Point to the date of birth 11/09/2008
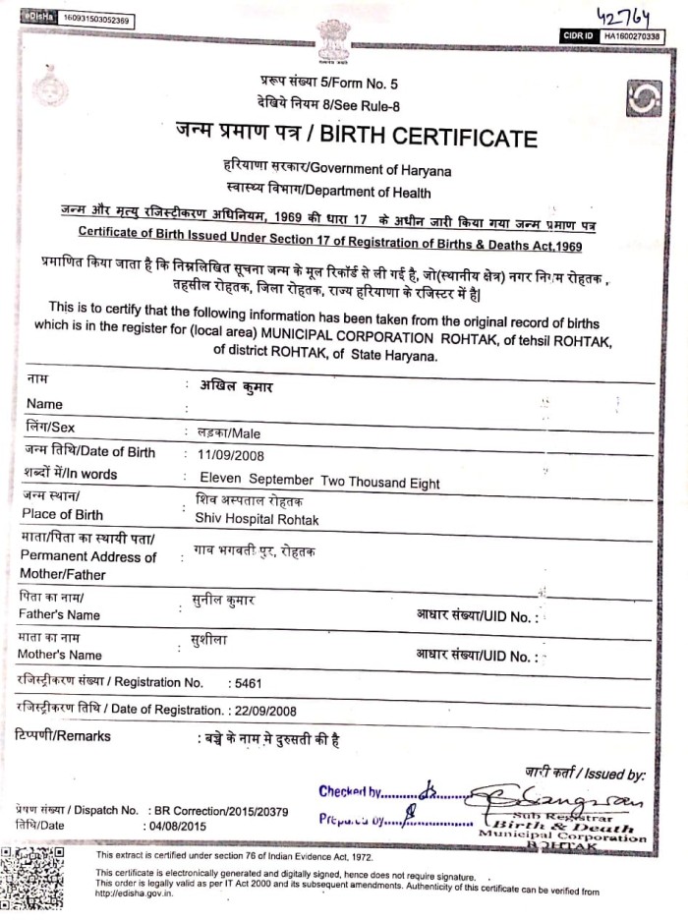coord(231,454)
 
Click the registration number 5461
coord(245,682)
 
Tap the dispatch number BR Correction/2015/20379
coord(221,810)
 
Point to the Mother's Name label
coord(60,655)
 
